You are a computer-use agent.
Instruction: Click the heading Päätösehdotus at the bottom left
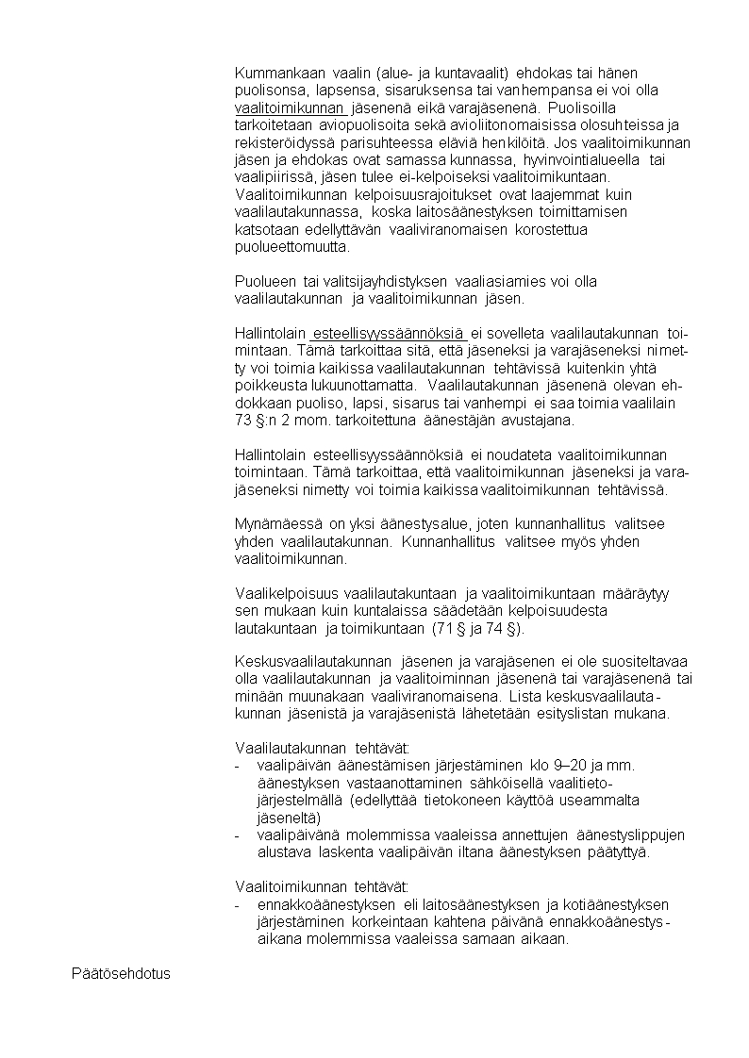121,972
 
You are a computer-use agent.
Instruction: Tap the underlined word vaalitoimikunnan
289,107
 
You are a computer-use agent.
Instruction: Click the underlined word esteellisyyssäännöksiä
390,333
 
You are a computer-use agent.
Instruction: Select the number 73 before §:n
243,420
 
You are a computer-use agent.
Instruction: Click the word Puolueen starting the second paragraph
266,281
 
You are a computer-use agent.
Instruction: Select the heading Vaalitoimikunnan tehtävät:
321,887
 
